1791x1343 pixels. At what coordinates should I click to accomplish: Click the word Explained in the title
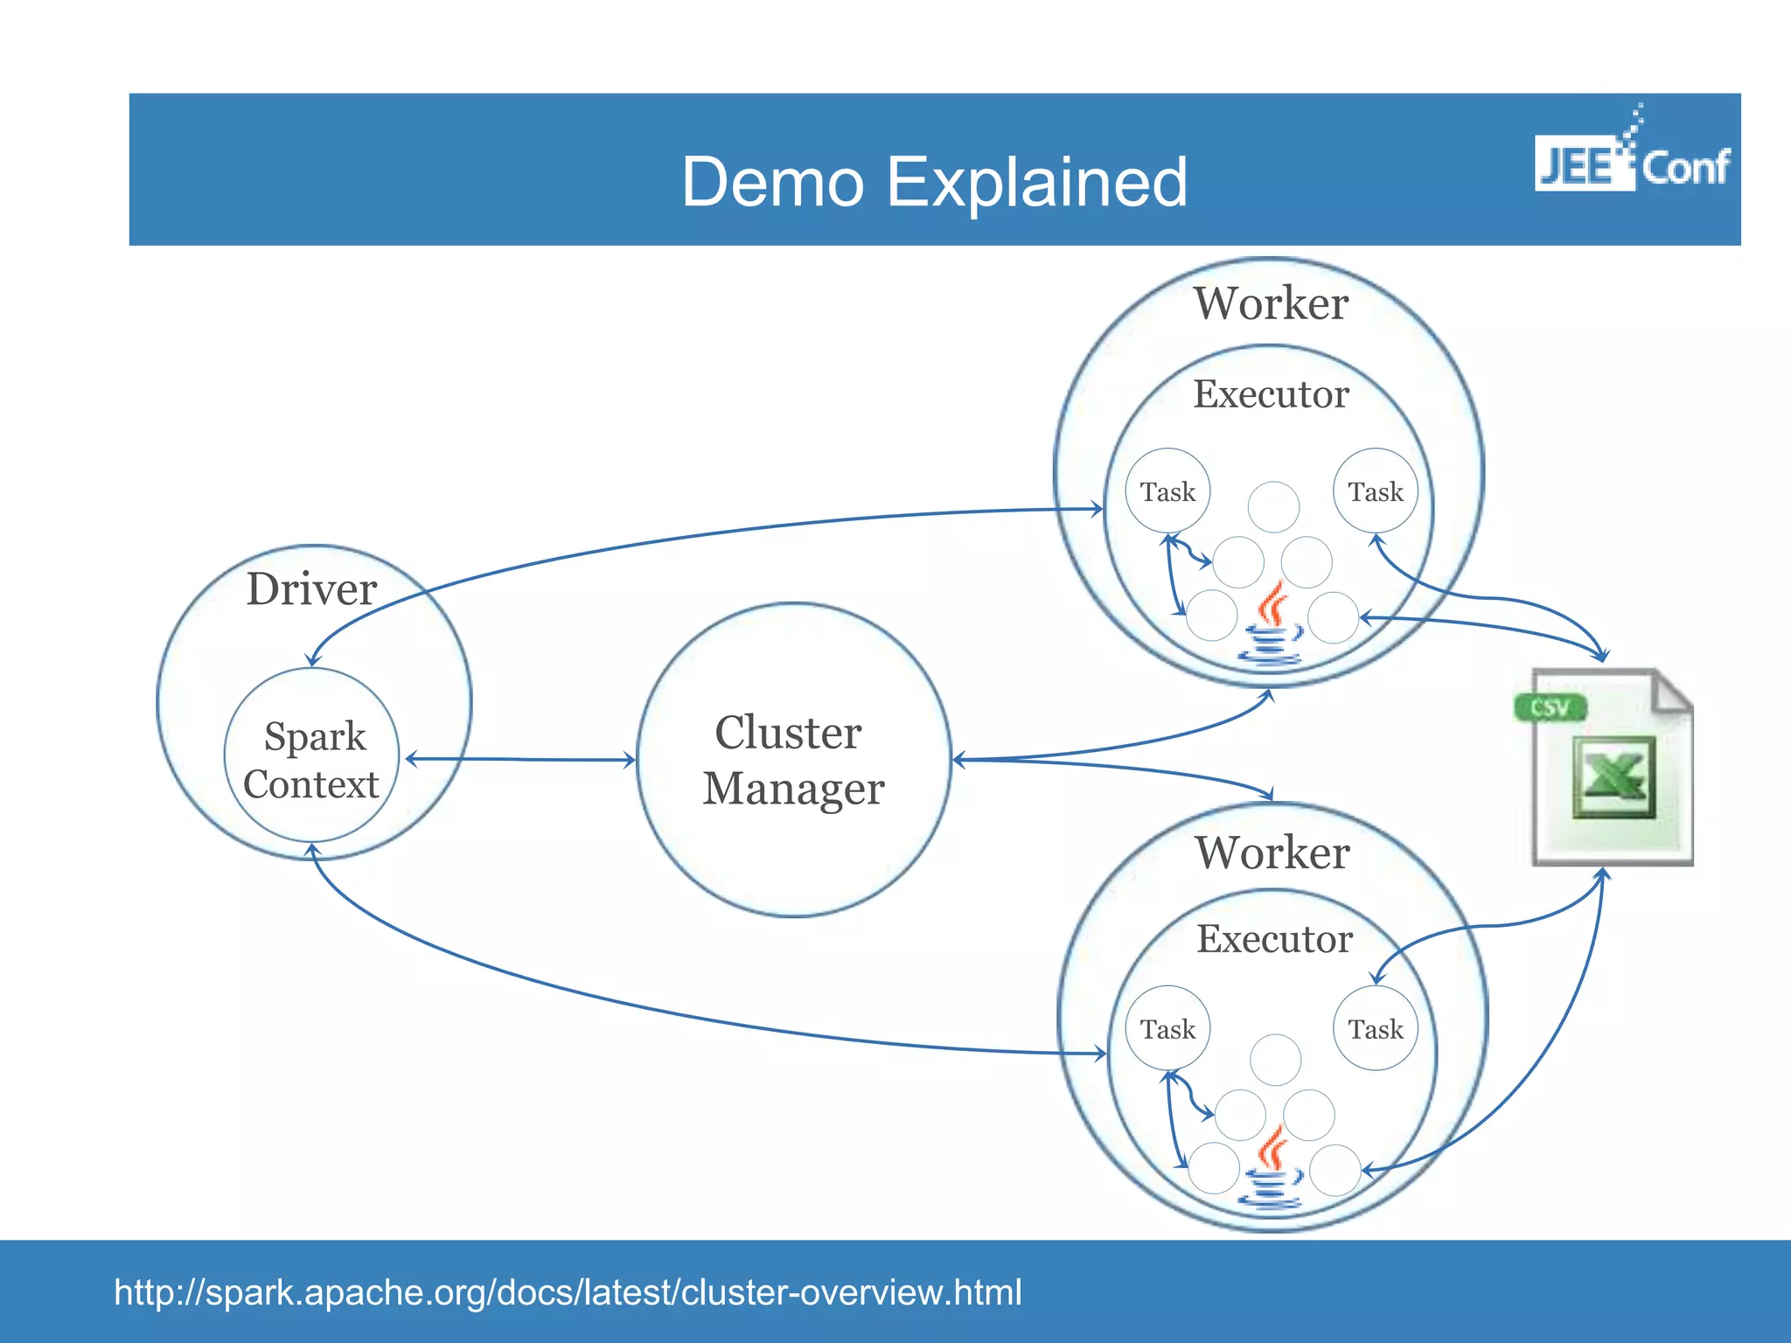pyautogui.click(x=1036, y=183)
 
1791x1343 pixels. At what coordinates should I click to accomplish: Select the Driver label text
pyautogui.click(x=311, y=589)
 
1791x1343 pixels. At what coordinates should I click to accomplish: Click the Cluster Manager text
pyautogui.click(x=793, y=760)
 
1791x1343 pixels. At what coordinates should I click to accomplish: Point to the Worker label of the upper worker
pyautogui.click(x=1271, y=304)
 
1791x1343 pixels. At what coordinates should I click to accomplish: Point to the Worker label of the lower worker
pyautogui.click(x=1272, y=852)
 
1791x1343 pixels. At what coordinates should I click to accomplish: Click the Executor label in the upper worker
pyautogui.click(x=1271, y=394)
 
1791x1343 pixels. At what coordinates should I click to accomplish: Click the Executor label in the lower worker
pyautogui.click(x=1274, y=939)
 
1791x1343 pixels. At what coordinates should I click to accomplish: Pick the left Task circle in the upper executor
pyautogui.click(x=1167, y=491)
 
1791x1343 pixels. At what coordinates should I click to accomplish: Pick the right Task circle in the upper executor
pyautogui.click(x=1375, y=491)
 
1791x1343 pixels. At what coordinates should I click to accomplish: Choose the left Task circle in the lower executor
pyautogui.click(x=1167, y=1029)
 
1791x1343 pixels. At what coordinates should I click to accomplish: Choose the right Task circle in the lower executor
pyautogui.click(x=1375, y=1029)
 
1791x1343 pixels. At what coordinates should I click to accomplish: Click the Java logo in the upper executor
pyautogui.click(x=1272, y=625)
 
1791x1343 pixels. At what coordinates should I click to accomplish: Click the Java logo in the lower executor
pyautogui.click(x=1272, y=1169)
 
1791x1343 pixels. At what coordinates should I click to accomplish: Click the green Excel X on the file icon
pyautogui.click(x=1613, y=777)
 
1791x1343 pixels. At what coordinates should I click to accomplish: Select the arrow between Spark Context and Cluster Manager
pyautogui.click(x=520, y=759)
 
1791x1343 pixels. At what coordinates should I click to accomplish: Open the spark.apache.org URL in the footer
pyautogui.click(x=568, y=1292)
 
